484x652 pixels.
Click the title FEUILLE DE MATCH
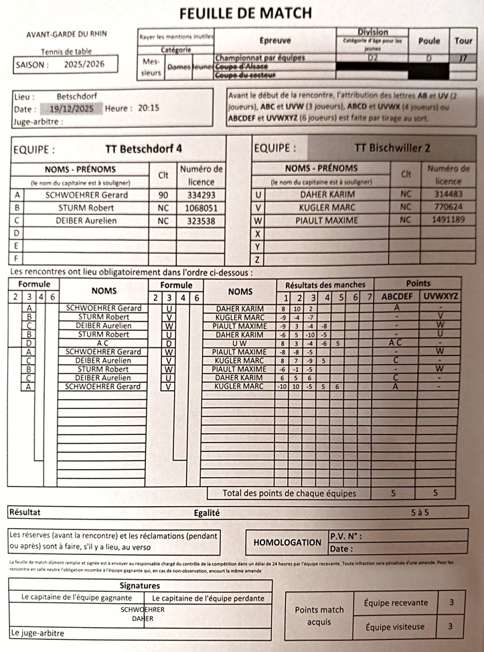[246, 13]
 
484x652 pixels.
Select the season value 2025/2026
[86, 65]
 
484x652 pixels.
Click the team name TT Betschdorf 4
[144, 149]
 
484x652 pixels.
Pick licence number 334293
[201, 195]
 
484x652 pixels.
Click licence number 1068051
[201, 208]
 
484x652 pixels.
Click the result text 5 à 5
[422, 512]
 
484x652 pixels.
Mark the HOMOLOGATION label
[287, 542]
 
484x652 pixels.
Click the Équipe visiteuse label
[394, 627]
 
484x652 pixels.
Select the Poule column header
[428, 41]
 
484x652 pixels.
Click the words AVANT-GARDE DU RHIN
[66, 34]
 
